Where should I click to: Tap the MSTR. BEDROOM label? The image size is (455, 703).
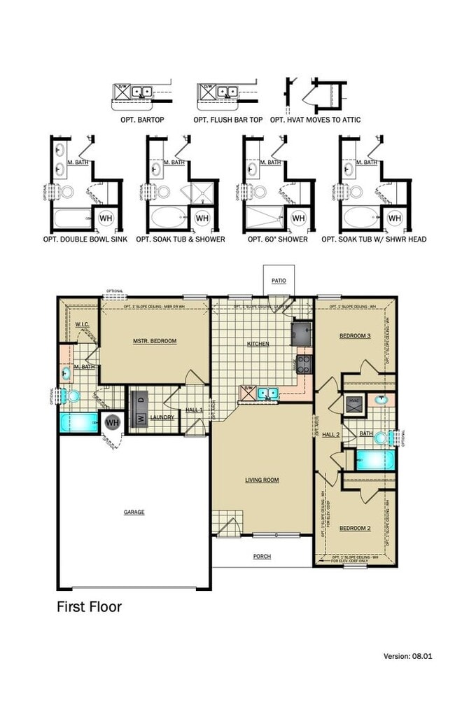tap(155, 341)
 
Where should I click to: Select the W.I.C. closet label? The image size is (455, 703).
tap(81, 325)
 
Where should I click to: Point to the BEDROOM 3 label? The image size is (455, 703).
tap(355, 336)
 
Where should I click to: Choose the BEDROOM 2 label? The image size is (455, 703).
tap(355, 528)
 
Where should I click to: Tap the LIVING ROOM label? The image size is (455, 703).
tap(262, 480)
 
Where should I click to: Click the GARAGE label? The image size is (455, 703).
tap(134, 512)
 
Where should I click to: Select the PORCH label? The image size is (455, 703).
tap(262, 557)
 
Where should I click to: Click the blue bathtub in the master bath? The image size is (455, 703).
tap(80, 422)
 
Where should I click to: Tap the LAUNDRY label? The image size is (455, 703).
tap(162, 418)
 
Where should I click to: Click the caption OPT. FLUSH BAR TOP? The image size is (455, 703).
tap(228, 120)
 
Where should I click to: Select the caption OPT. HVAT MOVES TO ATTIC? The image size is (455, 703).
tap(316, 120)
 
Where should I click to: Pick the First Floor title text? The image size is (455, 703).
tap(89, 606)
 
